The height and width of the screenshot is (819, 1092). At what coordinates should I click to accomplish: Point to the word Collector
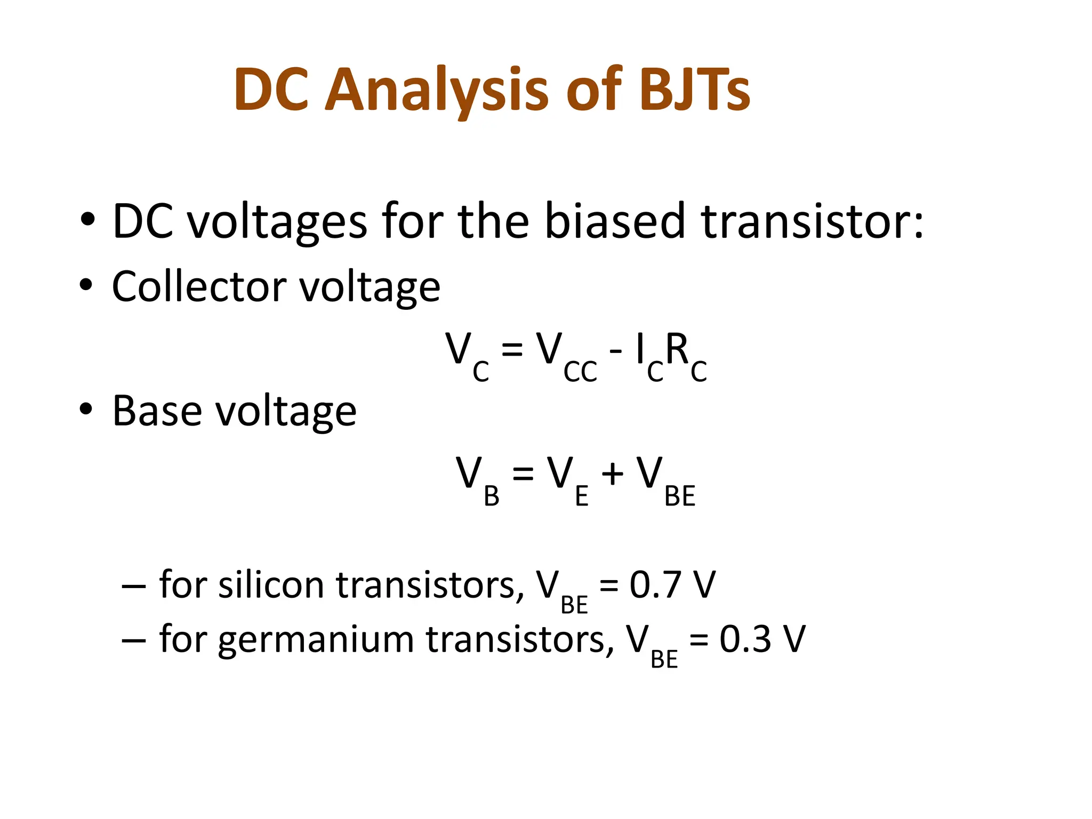pos(199,286)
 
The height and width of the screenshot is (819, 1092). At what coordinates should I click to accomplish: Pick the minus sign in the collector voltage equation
pos(615,351)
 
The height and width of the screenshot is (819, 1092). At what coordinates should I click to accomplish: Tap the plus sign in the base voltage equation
pos(612,474)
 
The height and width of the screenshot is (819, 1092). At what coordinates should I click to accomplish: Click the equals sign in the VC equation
pos(512,351)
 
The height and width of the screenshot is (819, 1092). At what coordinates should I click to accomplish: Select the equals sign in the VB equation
pos(523,474)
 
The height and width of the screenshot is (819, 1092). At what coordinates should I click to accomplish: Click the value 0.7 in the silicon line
pos(657,585)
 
